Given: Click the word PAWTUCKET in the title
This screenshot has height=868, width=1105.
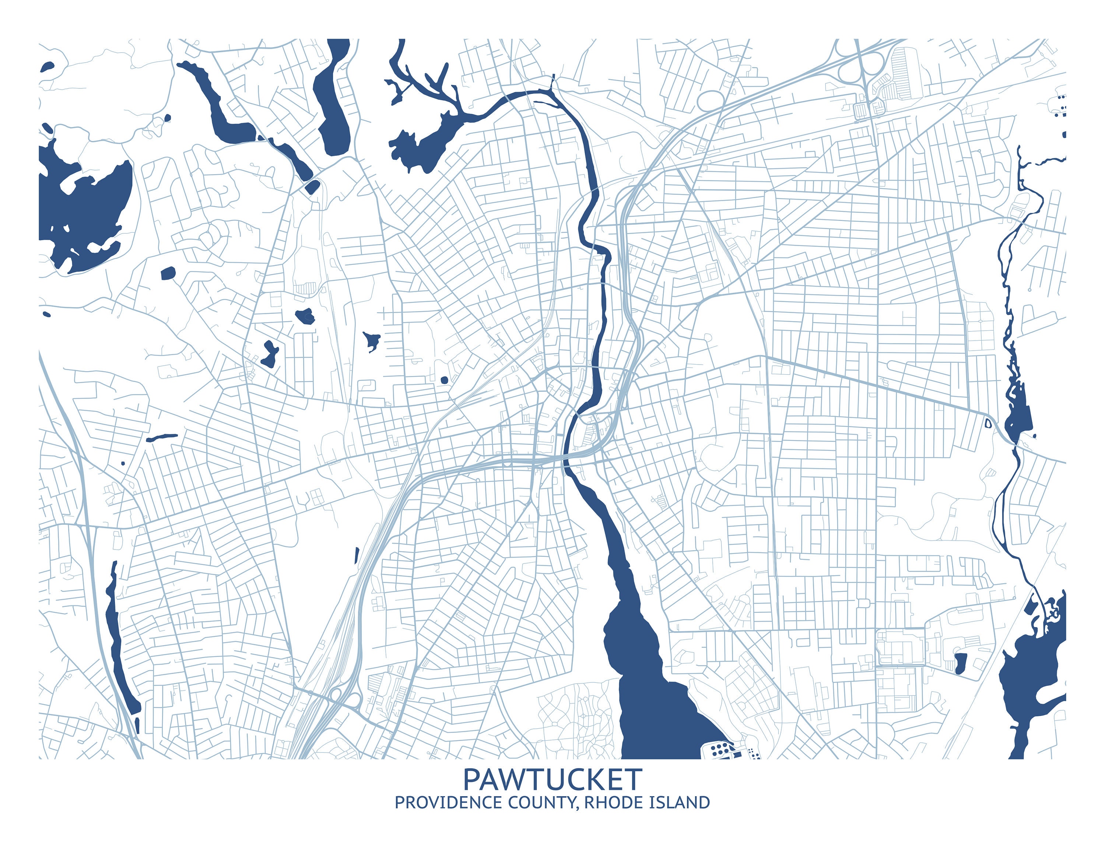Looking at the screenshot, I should [552, 779].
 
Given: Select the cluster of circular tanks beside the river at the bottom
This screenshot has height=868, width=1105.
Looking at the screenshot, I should [719, 748].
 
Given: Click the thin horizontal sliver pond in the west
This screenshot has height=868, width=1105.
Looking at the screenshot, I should [162, 437].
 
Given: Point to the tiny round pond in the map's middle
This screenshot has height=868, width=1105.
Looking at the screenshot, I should [444, 380].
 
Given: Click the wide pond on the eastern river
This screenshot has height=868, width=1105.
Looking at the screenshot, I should [1019, 419].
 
